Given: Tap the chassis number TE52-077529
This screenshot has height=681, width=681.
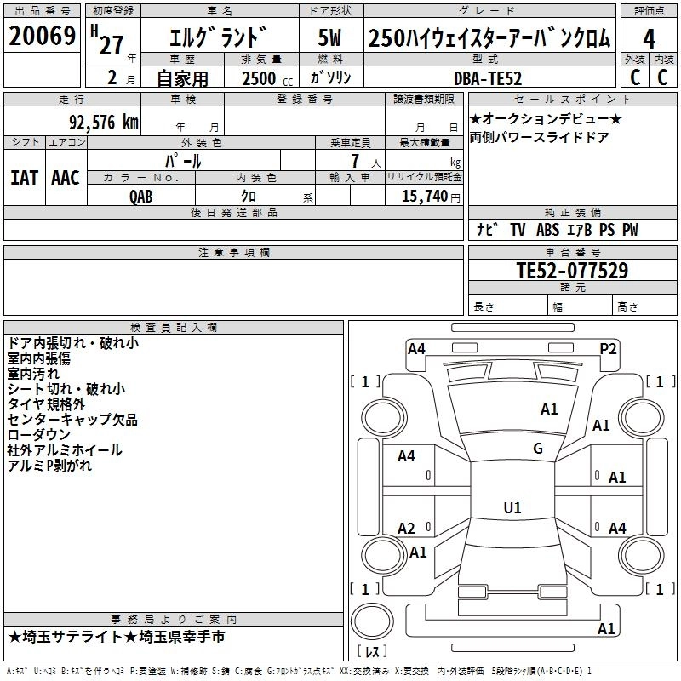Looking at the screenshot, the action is pyautogui.click(x=572, y=271).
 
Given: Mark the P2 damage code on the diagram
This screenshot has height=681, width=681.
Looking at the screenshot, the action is pyautogui.click(x=608, y=347).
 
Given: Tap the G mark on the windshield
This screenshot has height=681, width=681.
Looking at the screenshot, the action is pyautogui.click(x=538, y=448).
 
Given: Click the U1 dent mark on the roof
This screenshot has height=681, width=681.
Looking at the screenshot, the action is pyautogui.click(x=512, y=507).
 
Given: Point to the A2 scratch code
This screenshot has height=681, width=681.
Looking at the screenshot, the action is pyautogui.click(x=407, y=529).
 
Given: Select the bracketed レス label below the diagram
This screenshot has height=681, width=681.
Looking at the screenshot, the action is pyautogui.click(x=371, y=652).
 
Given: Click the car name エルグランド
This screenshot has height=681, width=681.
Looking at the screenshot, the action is pyautogui.click(x=219, y=38).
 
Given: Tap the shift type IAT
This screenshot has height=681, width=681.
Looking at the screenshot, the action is pyautogui.click(x=25, y=177).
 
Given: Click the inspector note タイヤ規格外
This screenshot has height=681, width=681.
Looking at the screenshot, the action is pyautogui.click(x=46, y=404).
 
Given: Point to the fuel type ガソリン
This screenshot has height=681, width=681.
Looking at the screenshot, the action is pyautogui.click(x=332, y=77).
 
